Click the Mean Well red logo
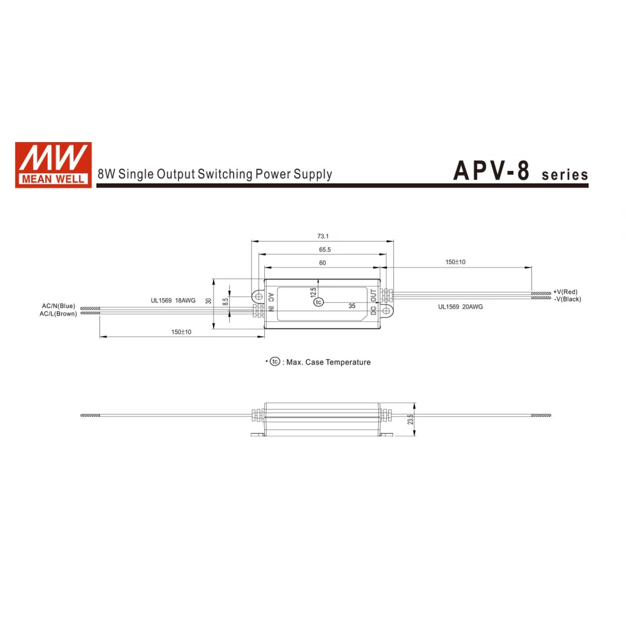[53, 165]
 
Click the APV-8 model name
[491, 171]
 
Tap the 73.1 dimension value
[323, 236]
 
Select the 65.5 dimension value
[324, 250]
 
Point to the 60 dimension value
[322, 264]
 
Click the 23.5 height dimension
[410, 419]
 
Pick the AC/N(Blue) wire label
[58, 305]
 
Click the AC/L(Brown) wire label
[58, 314]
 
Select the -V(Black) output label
[567, 299]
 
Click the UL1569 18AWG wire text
[173, 300]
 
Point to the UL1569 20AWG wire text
[460, 307]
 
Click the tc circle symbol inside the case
[319, 302]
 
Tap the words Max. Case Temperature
[328, 362]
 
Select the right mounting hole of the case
[386, 310]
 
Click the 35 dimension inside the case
[352, 306]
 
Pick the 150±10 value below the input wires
[182, 332]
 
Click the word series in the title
[565, 175]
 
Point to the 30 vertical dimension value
[209, 301]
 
